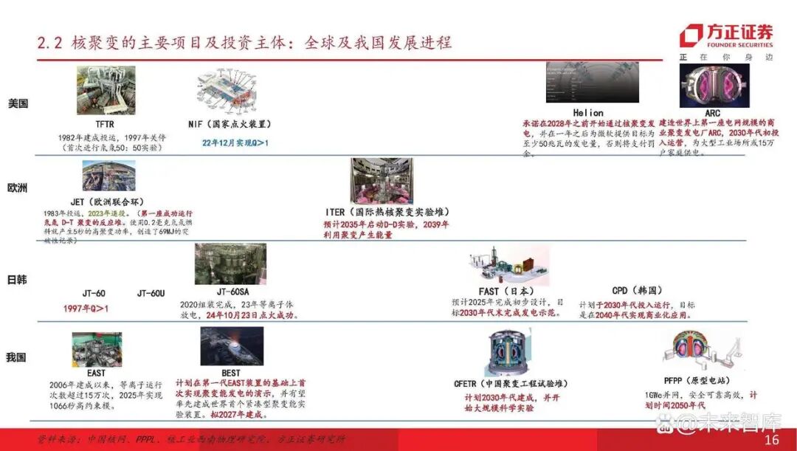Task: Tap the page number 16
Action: pos(772,440)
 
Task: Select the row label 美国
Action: pos(18,103)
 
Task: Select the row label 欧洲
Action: pos(18,188)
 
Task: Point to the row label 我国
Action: pos(16,357)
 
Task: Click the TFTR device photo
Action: pos(106,90)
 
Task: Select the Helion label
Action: pos(587,113)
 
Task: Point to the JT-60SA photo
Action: pos(230,264)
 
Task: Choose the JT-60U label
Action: pos(151,293)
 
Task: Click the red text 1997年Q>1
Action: pos(86,309)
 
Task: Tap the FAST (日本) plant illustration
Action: pos(508,266)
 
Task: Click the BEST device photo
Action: pos(232,346)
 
